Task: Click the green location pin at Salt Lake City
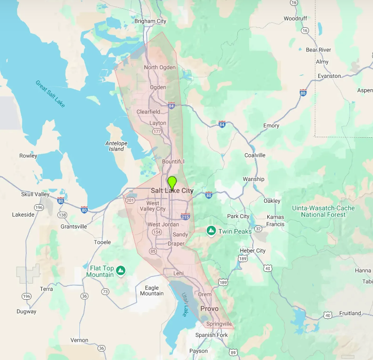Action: click(172, 182)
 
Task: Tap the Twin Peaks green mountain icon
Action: click(210, 230)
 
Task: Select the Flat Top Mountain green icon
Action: click(120, 269)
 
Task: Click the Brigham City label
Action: click(150, 21)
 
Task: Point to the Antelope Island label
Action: click(116, 146)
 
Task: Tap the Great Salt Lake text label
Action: click(51, 93)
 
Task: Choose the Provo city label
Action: click(209, 308)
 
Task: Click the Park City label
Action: click(238, 217)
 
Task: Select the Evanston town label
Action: click(329, 76)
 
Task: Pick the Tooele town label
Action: click(102, 242)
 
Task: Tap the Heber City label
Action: click(253, 251)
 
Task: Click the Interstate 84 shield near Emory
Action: click(222, 124)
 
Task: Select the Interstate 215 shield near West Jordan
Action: click(185, 217)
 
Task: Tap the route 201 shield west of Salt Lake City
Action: click(130, 200)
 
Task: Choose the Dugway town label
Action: click(26, 312)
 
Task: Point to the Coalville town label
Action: click(255, 155)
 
